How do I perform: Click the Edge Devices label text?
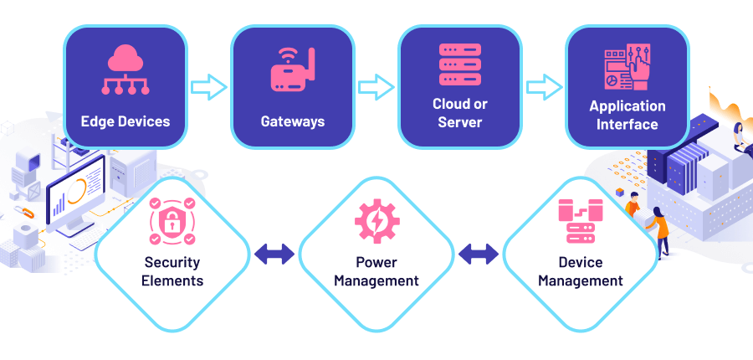pos(125,121)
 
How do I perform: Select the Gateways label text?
pos(292,121)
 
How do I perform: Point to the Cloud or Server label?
pos(459,113)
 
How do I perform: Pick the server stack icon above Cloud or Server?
pos(459,64)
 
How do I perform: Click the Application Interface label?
pos(627,115)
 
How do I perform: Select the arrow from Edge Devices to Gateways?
pos(208,86)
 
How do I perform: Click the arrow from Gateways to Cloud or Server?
pos(376,86)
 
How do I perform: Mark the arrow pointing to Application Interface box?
pos(543,86)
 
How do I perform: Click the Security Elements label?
pos(172,271)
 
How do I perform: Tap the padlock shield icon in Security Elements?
pos(172,220)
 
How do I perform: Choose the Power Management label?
pos(376,271)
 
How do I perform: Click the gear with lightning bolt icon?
pos(376,220)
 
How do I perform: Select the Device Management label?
pos(580,271)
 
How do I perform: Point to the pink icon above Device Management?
pos(580,220)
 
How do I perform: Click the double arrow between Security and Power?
pos(274,254)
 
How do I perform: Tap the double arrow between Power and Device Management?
pos(479,254)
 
